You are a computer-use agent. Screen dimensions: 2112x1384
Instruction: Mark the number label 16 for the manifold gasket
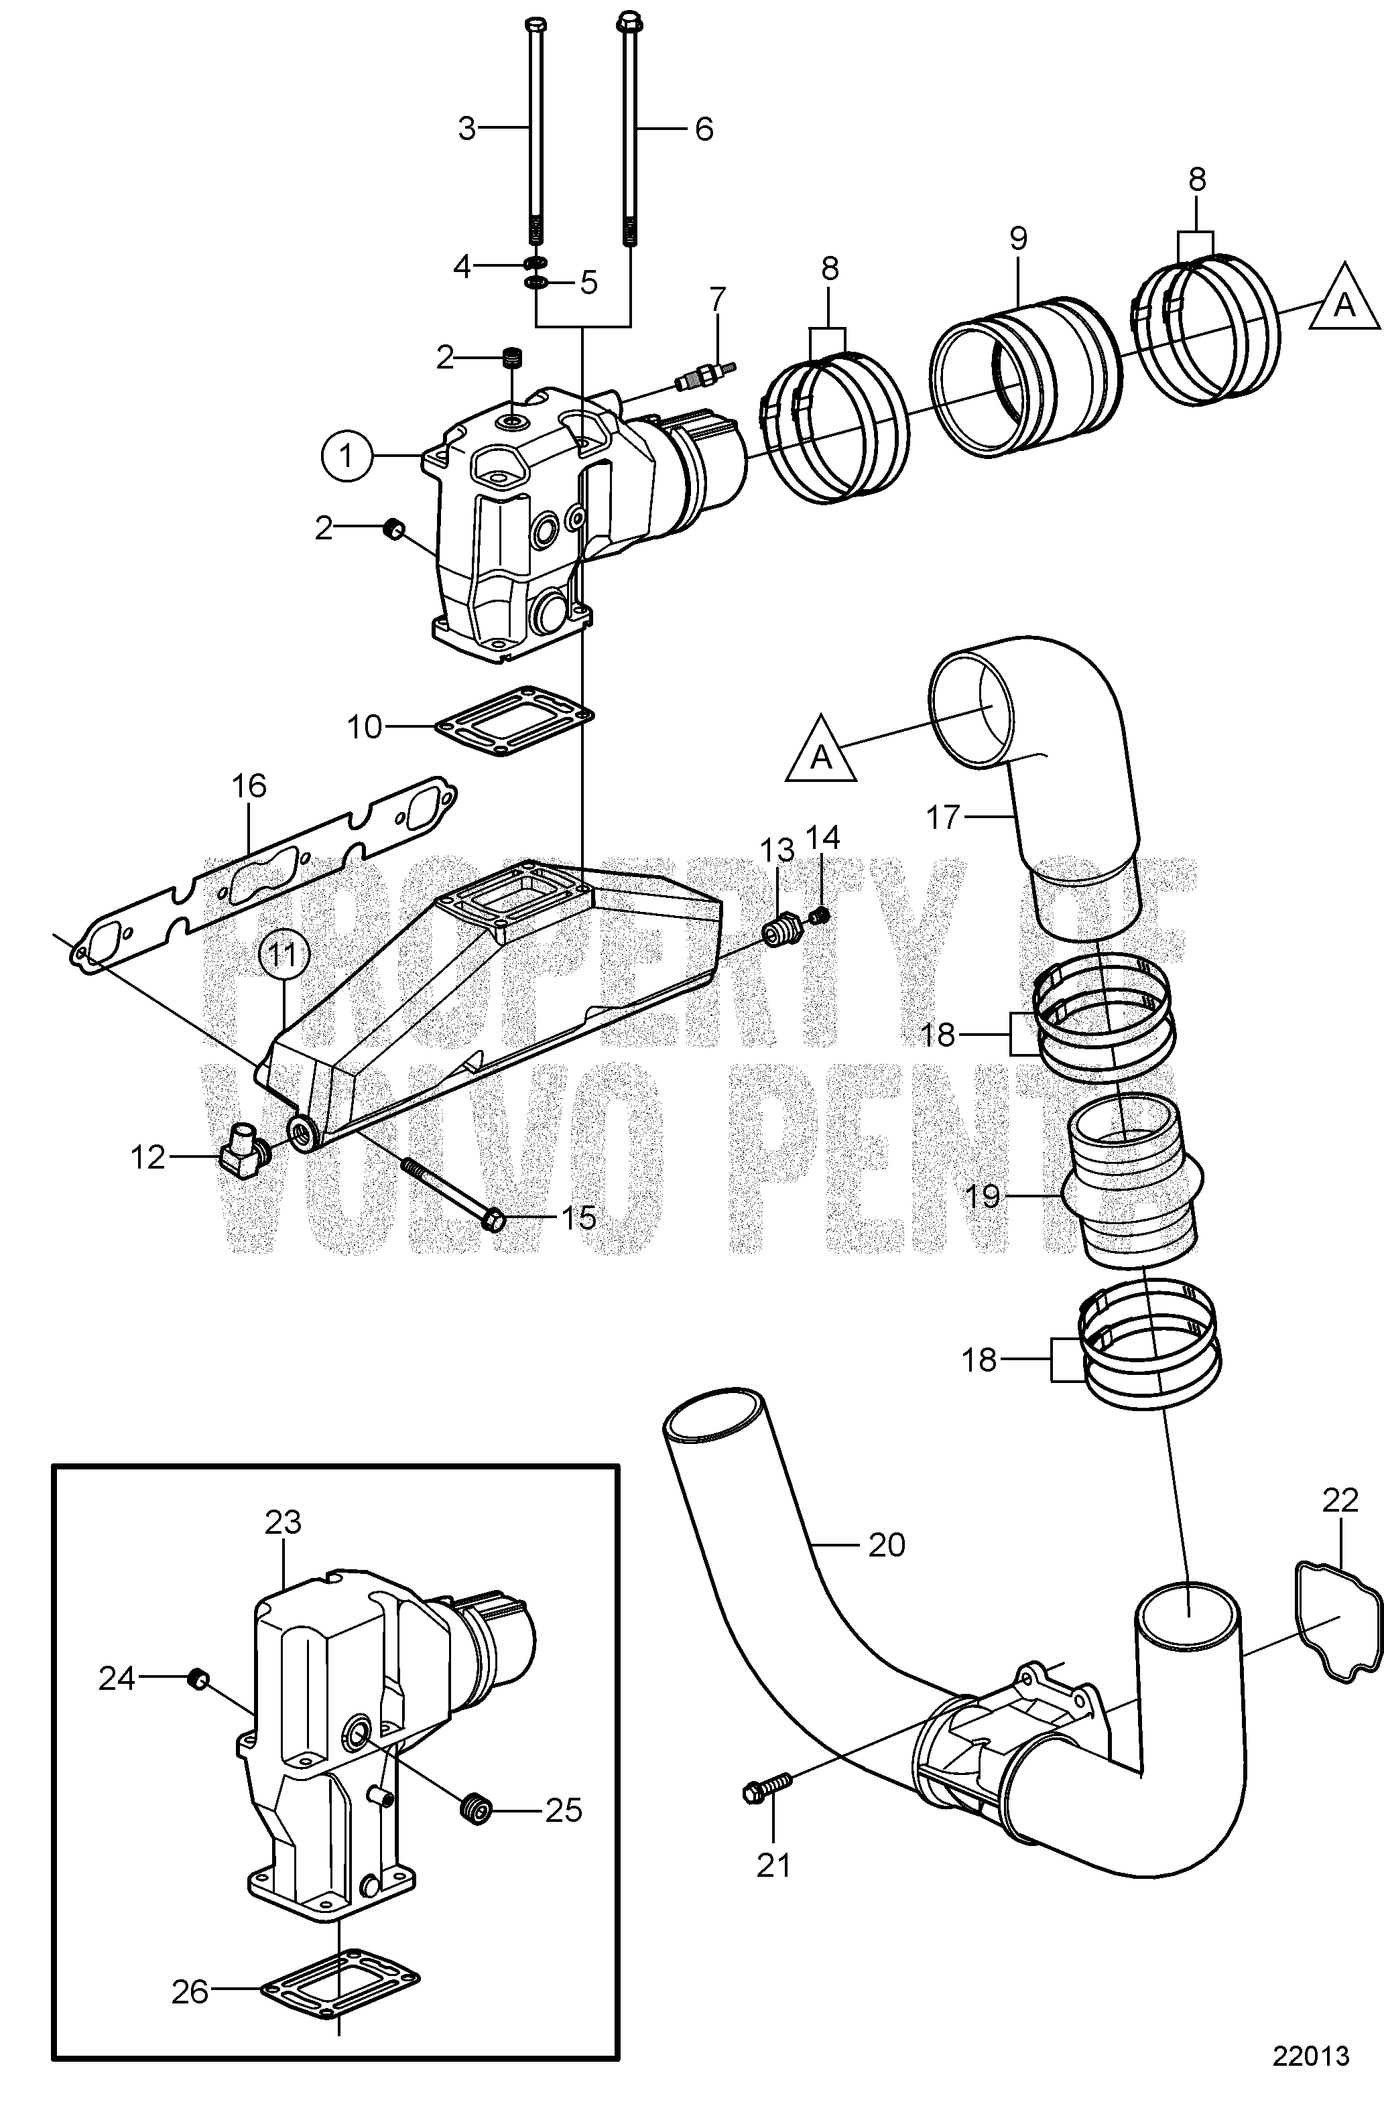pyautogui.click(x=249, y=786)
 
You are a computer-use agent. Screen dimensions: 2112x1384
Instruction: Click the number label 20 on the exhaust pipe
pyautogui.click(x=886, y=1545)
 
